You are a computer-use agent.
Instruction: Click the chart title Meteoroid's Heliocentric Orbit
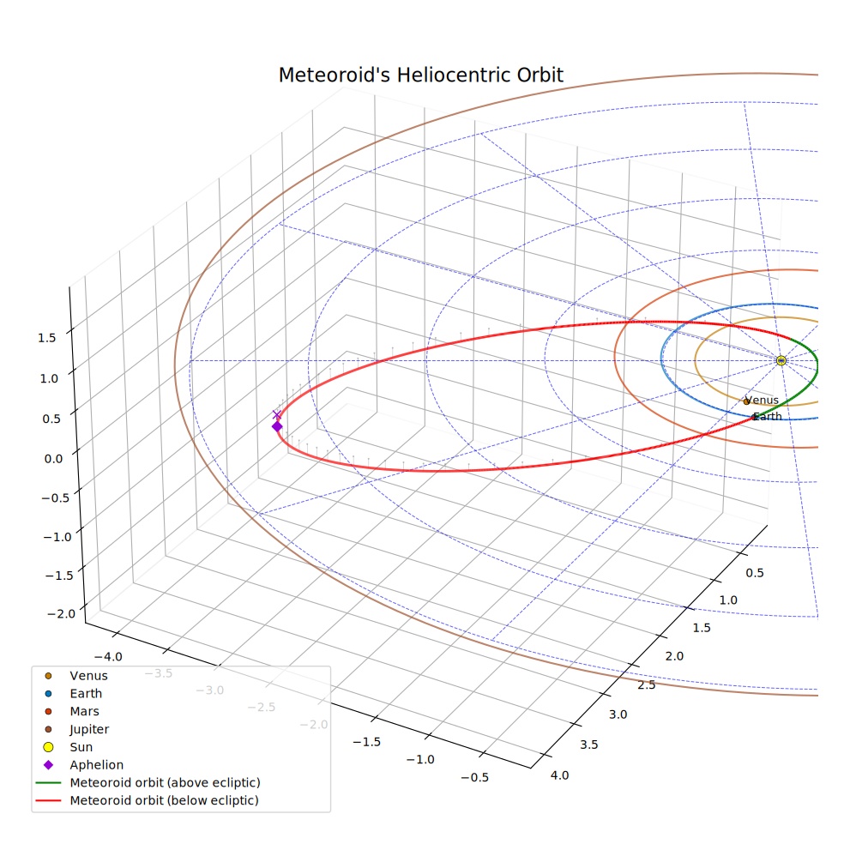[420, 75]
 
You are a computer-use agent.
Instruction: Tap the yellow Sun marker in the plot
[781, 360]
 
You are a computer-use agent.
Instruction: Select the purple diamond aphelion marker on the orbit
[277, 426]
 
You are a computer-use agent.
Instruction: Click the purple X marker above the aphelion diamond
[277, 414]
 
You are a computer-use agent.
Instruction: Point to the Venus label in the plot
[762, 400]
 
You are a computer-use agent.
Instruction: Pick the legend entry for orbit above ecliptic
[148, 782]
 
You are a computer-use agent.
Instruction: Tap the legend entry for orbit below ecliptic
[147, 800]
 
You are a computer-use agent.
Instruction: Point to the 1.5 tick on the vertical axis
[47, 337]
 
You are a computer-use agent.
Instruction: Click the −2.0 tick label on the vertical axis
[62, 613]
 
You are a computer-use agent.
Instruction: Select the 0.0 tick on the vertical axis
[53, 459]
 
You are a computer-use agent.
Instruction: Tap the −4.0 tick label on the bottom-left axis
[108, 657]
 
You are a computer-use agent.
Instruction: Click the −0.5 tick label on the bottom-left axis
[475, 777]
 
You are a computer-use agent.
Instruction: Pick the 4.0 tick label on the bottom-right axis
[560, 775]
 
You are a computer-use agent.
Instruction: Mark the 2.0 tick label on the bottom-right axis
[674, 656]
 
